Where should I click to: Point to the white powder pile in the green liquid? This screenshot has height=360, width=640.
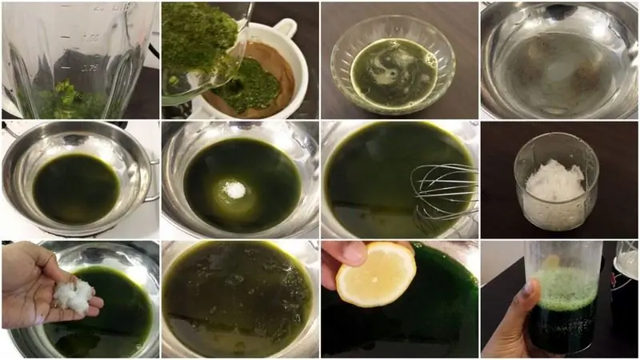click(235, 190)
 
